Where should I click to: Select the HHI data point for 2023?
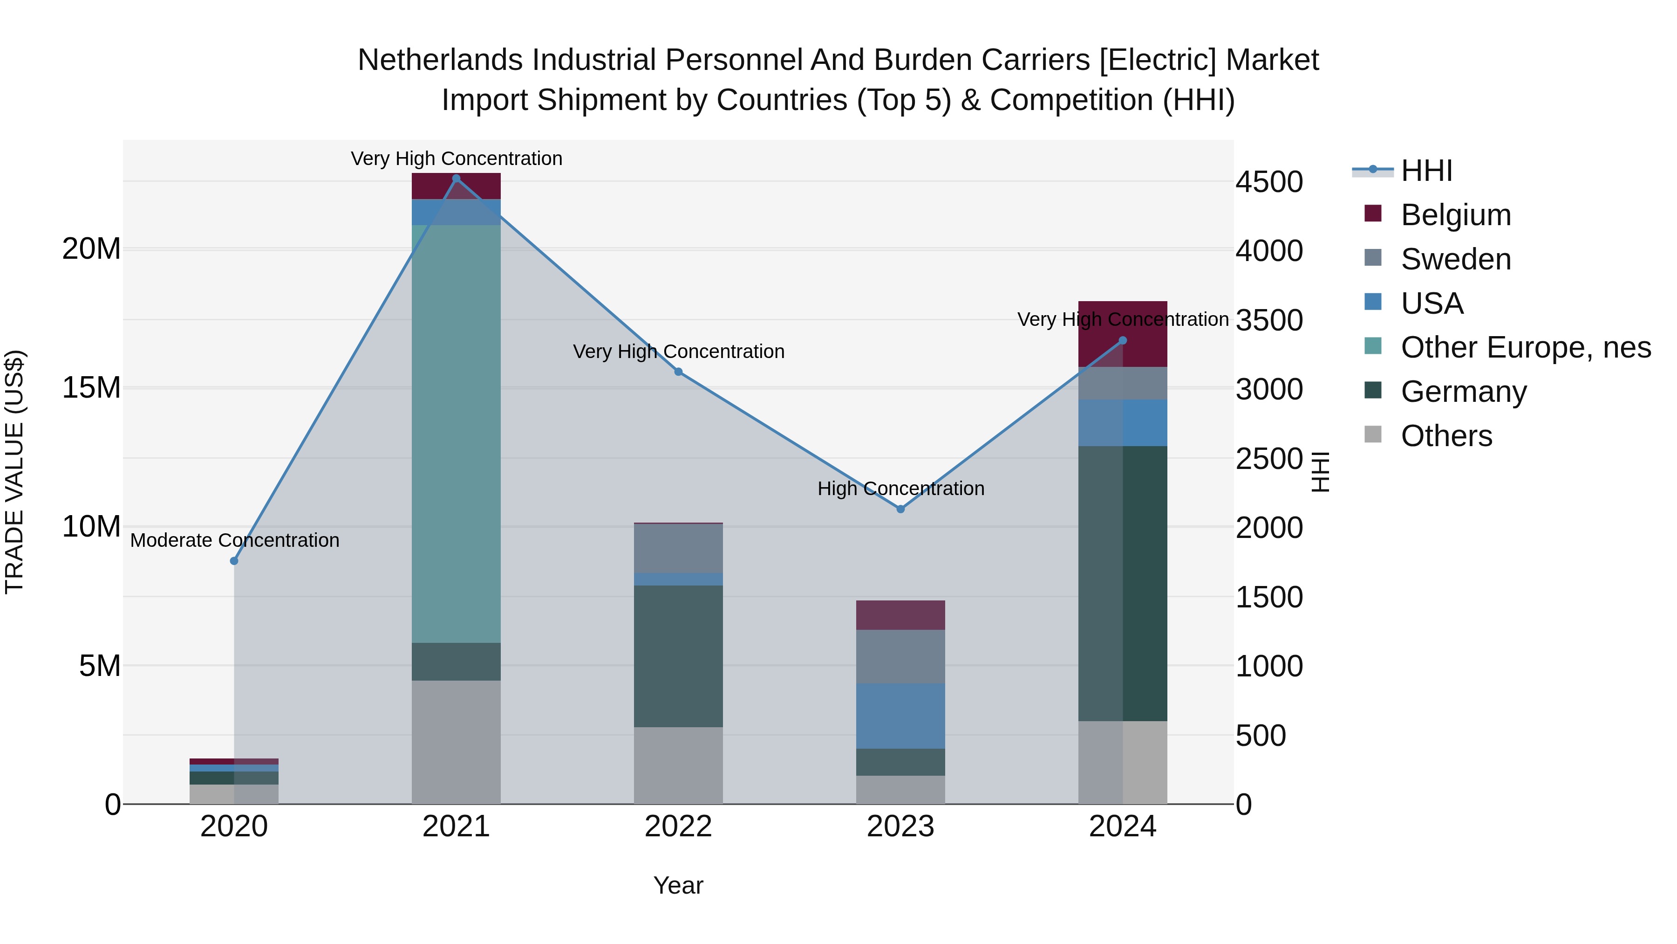[900, 509]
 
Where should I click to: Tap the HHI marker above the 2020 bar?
[234, 561]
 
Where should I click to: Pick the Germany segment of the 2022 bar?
[678, 655]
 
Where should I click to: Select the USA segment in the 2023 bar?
[900, 715]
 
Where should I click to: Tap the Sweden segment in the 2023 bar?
[900, 655]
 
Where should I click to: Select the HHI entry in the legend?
[1426, 171]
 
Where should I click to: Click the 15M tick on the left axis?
[91, 388]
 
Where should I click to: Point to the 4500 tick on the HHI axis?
[1269, 182]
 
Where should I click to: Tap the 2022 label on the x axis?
[678, 827]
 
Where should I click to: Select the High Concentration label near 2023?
[900, 488]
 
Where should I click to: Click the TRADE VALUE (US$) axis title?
[14, 472]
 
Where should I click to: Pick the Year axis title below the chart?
[678, 885]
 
